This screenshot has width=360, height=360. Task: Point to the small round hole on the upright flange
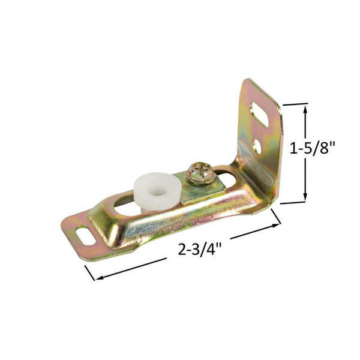click(257, 145)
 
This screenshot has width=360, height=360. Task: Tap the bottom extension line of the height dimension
click(294, 203)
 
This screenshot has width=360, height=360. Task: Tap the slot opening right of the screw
click(229, 175)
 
